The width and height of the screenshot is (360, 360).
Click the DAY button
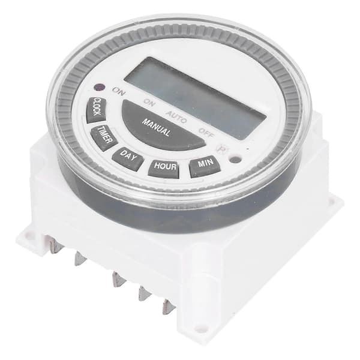tap(128, 158)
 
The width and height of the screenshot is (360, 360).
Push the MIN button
tap(205, 166)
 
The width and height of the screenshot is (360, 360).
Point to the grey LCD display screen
tap(195, 98)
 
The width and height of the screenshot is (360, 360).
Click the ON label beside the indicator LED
tap(119, 92)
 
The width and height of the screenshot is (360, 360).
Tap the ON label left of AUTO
tap(149, 103)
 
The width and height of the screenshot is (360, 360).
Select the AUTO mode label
tap(176, 117)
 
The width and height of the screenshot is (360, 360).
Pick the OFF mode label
tap(206, 133)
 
